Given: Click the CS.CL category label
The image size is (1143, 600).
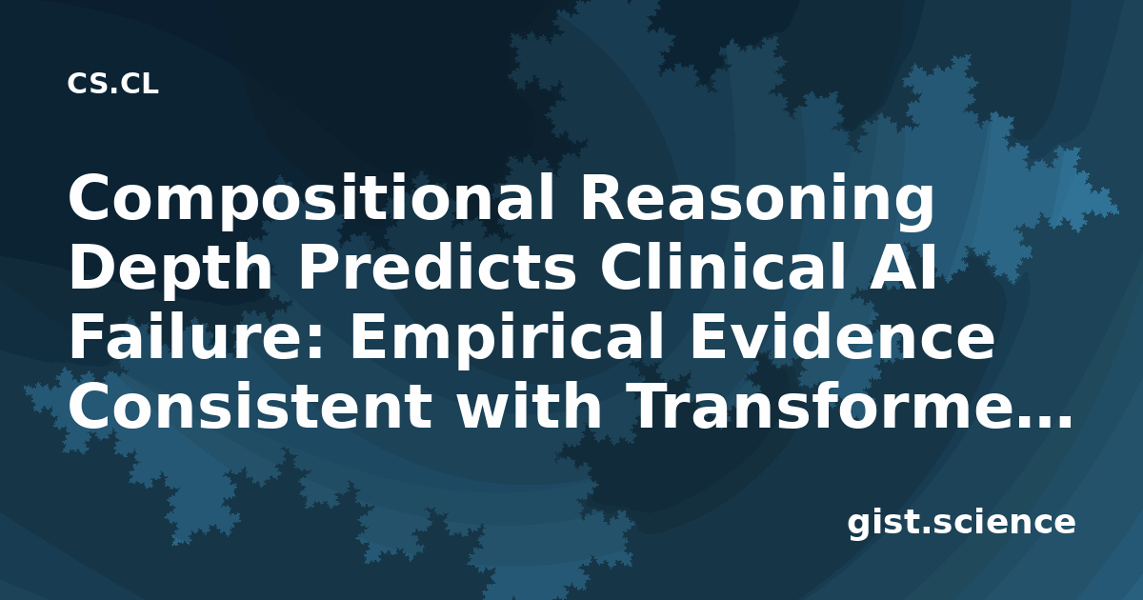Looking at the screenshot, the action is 112,84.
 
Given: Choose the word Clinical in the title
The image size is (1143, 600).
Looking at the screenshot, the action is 723,268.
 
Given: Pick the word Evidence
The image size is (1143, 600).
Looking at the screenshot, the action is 842,335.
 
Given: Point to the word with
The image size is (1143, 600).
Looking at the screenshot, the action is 530,404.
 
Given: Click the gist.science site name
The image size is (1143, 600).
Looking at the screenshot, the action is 961,524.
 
